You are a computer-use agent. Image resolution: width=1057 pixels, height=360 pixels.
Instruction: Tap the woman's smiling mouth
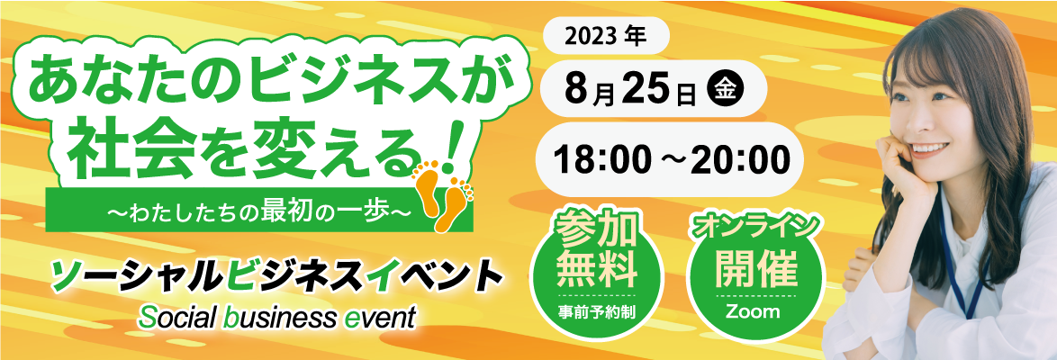coord(933,148)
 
